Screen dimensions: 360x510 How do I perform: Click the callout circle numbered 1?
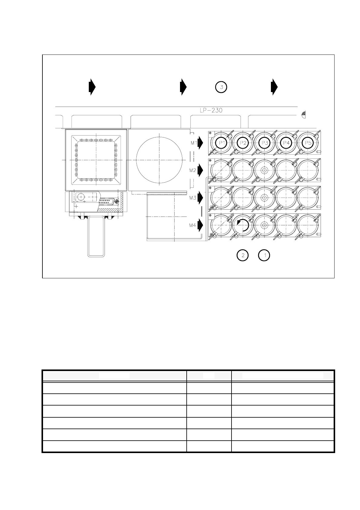pyautogui.click(x=264, y=255)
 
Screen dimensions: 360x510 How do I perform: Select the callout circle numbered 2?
pyautogui.click(x=242, y=255)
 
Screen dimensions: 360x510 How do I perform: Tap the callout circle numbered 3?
pyautogui.click(x=221, y=87)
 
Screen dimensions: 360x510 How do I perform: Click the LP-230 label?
pyautogui.click(x=211, y=111)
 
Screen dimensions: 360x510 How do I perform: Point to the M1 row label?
pyautogui.click(x=194, y=143)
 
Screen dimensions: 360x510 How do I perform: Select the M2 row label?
pyautogui.click(x=193, y=170)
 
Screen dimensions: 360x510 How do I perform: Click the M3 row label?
pyautogui.click(x=193, y=198)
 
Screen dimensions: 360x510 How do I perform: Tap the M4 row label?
pyautogui.click(x=193, y=225)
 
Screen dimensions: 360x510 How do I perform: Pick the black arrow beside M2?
pyautogui.click(x=200, y=171)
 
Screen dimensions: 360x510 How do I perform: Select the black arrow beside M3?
pyautogui.click(x=200, y=198)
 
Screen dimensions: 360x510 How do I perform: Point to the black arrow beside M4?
pyautogui.click(x=200, y=225)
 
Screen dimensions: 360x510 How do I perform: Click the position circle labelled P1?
pyautogui.click(x=222, y=143)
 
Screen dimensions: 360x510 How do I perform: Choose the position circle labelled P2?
pyautogui.click(x=243, y=143)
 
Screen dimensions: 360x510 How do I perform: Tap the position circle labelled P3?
pyautogui.click(x=265, y=143)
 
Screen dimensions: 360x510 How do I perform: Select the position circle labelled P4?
pyautogui.click(x=286, y=143)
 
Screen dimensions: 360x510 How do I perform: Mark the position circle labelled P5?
pyautogui.click(x=308, y=143)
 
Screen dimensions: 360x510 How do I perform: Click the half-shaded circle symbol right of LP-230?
pyautogui.click(x=303, y=114)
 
